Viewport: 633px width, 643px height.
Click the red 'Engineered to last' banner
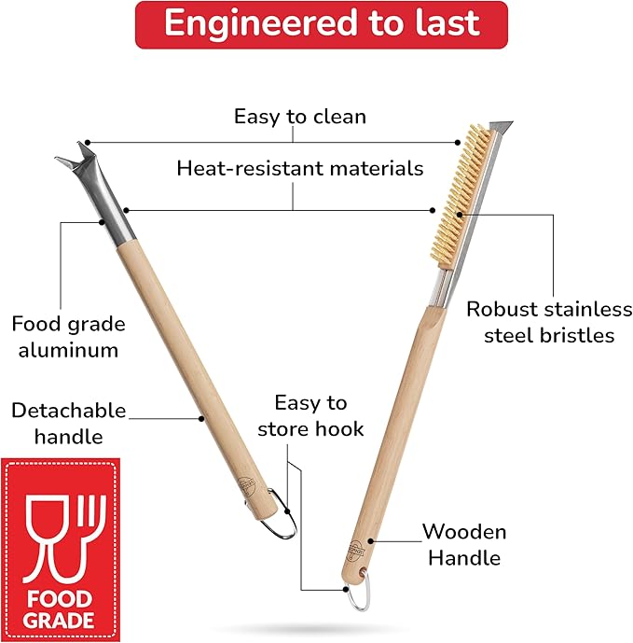pos(322,24)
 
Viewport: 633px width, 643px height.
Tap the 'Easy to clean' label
pos(300,117)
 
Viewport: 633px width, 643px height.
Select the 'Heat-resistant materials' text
pos(300,168)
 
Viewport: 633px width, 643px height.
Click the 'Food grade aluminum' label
pos(68,337)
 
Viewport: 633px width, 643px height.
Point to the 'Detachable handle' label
pos(68,423)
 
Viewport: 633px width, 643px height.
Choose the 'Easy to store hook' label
pos(310,416)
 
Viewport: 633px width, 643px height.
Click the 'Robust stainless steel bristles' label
pos(549,322)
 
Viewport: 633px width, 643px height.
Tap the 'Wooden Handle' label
pos(464,545)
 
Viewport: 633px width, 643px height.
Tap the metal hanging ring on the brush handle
pos(360,592)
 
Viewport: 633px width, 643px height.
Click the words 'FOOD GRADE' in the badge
pos(59,609)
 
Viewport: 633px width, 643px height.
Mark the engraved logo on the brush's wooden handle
pos(355,552)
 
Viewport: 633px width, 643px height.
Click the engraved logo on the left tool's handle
pos(247,486)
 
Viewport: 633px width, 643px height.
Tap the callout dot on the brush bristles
pos(460,215)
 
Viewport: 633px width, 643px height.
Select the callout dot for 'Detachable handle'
pos(201,419)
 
